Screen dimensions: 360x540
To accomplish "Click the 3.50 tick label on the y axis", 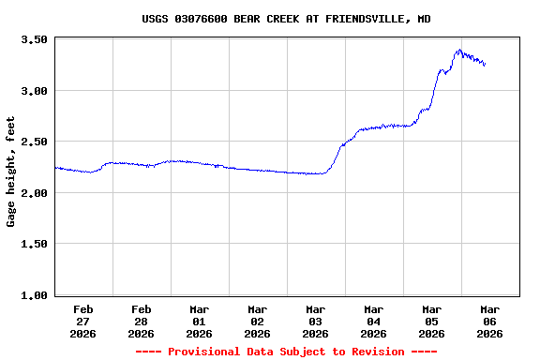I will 35,40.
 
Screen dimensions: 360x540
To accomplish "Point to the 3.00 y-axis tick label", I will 35,91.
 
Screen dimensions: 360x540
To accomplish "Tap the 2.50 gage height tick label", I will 35,142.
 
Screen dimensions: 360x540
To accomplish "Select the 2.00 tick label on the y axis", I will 35,193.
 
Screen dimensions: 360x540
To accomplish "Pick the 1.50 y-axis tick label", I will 35,244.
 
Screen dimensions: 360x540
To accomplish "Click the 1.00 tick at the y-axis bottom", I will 35,295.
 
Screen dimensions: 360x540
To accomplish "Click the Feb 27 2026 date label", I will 82,321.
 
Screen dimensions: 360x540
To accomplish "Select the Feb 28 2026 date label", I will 141,321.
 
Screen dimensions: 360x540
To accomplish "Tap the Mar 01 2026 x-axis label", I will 199,321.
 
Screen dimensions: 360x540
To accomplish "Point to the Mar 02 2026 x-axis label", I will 257,321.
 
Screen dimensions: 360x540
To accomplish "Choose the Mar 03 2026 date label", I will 315,321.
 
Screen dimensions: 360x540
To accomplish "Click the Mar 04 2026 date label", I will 373,321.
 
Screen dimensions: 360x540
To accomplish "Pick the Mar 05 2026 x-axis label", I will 431,321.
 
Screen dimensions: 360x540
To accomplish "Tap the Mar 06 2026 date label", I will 489,321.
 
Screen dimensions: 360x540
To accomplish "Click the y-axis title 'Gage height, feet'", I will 12,172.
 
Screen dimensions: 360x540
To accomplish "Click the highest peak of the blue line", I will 458,50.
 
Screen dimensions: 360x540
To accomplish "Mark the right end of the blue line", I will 485,65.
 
